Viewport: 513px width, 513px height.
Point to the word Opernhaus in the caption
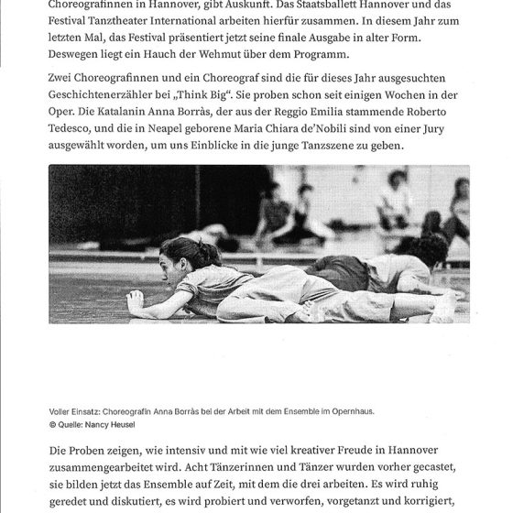pyautogui.click(x=349, y=411)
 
